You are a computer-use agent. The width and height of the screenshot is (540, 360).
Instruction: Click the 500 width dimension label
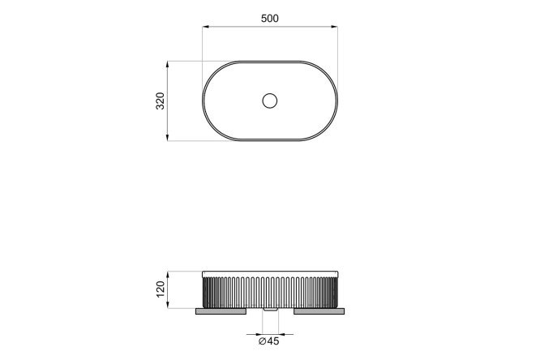(x=270, y=19)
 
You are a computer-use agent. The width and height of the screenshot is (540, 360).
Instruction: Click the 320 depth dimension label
(x=161, y=101)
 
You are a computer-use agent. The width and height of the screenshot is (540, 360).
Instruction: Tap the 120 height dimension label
(x=161, y=289)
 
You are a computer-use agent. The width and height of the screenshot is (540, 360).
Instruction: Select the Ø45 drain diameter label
(x=269, y=341)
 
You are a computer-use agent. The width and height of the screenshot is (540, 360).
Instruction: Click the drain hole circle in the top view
(x=270, y=101)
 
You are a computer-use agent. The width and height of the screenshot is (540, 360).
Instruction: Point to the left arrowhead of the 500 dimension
(x=206, y=27)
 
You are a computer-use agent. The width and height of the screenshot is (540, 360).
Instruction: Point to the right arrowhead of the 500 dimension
(x=334, y=27)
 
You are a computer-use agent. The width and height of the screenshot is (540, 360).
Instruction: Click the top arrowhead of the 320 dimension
(x=167, y=65)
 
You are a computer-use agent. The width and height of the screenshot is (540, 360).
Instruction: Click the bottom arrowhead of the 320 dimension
(x=167, y=137)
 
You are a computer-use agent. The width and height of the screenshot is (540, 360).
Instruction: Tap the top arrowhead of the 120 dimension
(x=167, y=275)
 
